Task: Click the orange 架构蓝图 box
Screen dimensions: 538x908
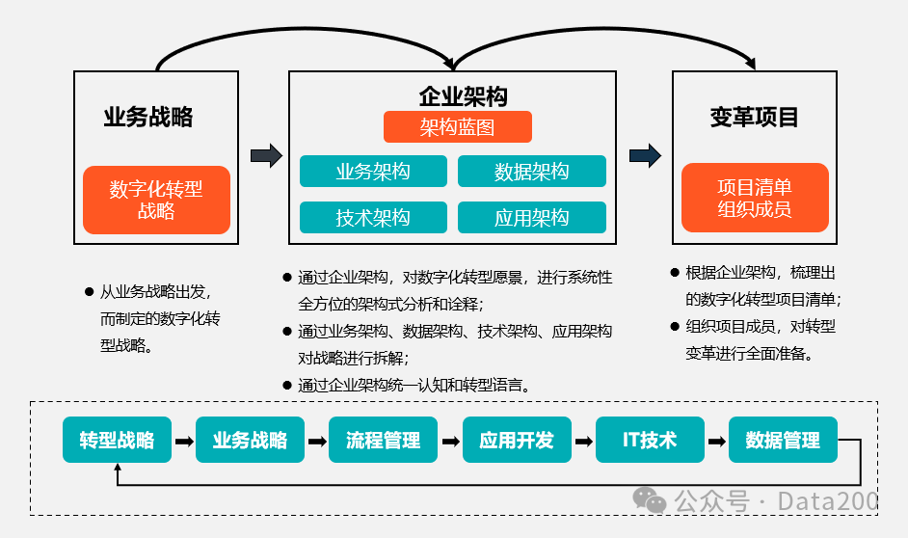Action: [458, 127]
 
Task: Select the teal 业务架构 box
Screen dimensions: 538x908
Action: [373, 172]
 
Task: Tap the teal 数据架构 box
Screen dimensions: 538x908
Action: [532, 172]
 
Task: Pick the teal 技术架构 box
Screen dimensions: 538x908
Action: [373, 218]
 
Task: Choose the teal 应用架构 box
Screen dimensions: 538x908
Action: [532, 218]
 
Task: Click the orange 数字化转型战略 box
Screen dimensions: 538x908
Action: [156, 200]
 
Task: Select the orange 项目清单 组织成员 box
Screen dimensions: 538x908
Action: [755, 198]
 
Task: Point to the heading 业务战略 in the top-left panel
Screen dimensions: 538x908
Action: [148, 118]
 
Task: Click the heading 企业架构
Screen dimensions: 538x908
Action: [463, 96]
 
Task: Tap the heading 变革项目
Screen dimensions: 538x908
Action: [755, 118]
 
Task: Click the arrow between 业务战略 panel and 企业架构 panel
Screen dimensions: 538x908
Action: [266, 155]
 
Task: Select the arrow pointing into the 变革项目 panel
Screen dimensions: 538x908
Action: [645, 155]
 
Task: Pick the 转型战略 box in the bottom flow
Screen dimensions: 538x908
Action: [117, 441]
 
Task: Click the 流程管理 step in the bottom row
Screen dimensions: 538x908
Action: [383, 441]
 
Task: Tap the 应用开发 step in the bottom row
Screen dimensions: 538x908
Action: [517, 441]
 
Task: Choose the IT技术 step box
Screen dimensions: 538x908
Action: [650, 441]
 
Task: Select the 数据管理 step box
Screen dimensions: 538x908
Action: [783, 441]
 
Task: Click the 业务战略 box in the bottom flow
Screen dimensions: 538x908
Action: [250, 441]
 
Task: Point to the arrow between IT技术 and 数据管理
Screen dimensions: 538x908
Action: [716, 442]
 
